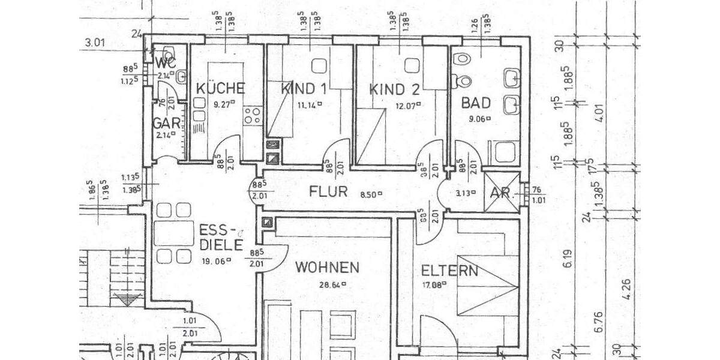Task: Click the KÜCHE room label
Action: click(x=220, y=89)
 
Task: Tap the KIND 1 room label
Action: click(x=304, y=89)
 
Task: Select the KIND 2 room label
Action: click(x=394, y=90)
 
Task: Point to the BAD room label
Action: click(x=476, y=103)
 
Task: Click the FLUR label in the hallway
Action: click(x=329, y=193)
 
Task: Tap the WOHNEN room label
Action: click(x=327, y=268)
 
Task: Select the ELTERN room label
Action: click(x=449, y=271)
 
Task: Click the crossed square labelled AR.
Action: click(x=502, y=193)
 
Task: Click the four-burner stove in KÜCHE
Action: click(x=252, y=115)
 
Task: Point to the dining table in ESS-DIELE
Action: click(x=173, y=233)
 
